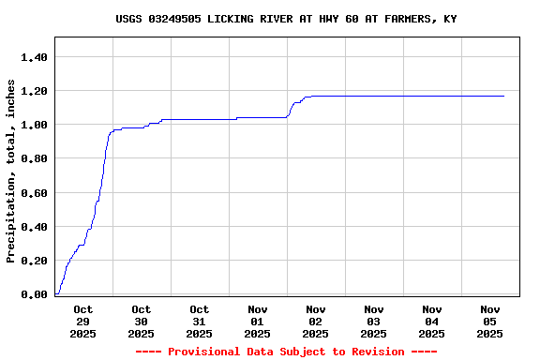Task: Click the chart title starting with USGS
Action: pyautogui.click(x=286, y=19)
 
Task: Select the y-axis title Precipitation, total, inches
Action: pyautogui.click(x=11, y=171)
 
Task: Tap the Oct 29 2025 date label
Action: pyautogui.click(x=82, y=321)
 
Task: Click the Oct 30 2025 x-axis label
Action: pyautogui.click(x=141, y=321)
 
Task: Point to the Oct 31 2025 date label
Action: pyautogui.click(x=199, y=321)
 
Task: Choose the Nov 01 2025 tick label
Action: pyautogui.click(x=257, y=321)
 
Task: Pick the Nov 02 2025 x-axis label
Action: pyautogui.click(x=315, y=321)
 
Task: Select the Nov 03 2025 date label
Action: pyautogui.click(x=373, y=321)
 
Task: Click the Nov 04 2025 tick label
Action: pyautogui.click(x=431, y=321)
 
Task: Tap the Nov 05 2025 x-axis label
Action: pyautogui.click(x=489, y=321)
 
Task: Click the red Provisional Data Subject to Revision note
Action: pyautogui.click(x=286, y=352)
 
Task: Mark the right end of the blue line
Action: pyautogui.click(x=503, y=96)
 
